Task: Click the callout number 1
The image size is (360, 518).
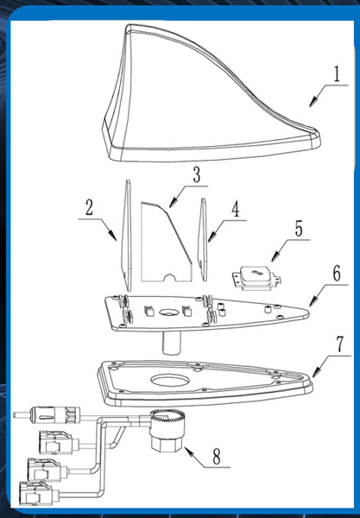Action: coord(336,73)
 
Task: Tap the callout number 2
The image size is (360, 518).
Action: coord(89,208)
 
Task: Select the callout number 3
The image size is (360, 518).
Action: coord(197,174)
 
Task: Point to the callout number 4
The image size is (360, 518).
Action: coord(235,209)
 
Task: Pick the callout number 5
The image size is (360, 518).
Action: coord(299,229)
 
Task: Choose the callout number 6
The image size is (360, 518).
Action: coord(336,273)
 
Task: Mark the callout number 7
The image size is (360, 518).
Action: coord(340,344)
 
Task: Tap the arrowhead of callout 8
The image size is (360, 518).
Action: coord(188,451)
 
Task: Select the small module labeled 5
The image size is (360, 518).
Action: coord(257,278)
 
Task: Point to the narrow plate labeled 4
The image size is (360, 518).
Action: coord(203,239)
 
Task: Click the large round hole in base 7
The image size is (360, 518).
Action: coord(170,380)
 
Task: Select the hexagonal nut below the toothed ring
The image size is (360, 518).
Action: coord(167,444)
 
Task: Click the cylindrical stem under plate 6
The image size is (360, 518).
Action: coord(172,343)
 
